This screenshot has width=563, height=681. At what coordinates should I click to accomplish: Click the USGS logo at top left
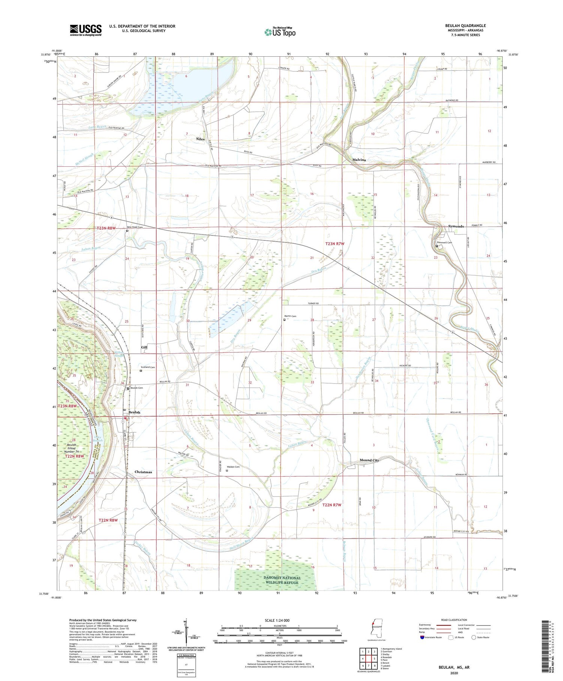[x=85, y=30]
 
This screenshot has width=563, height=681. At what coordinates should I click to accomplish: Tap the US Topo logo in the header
[x=280, y=32]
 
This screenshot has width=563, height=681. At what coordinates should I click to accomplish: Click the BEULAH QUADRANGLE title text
[x=465, y=26]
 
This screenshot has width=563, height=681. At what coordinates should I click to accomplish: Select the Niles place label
[x=200, y=139]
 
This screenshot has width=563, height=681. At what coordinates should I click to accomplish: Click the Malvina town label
[x=359, y=160]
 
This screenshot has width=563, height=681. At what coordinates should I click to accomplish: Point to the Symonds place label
[x=456, y=226]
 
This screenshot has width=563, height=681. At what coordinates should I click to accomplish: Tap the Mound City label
[x=369, y=460]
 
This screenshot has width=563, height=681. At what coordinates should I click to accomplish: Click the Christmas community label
[x=143, y=472]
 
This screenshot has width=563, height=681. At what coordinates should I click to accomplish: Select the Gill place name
[x=144, y=347]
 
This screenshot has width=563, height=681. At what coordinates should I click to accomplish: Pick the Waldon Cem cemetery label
[x=233, y=467]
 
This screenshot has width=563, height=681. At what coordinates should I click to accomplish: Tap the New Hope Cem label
[x=135, y=227]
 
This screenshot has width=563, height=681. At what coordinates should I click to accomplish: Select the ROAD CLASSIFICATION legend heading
[x=454, y=620]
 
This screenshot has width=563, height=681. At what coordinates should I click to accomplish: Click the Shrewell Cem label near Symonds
[x=444, y=242]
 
